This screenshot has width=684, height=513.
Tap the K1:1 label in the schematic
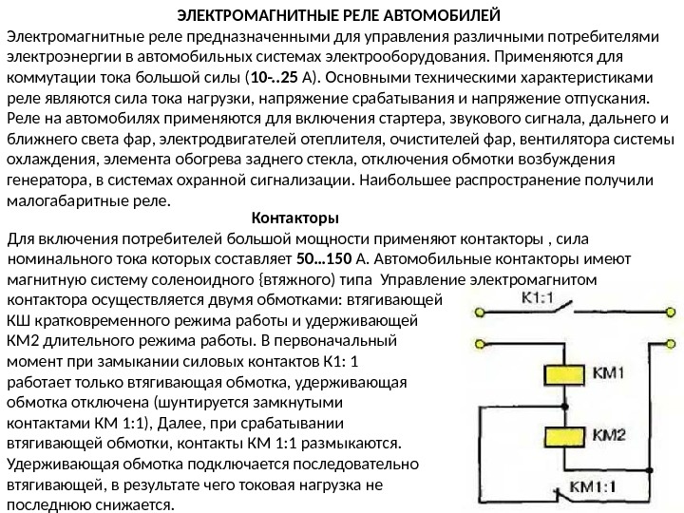540,297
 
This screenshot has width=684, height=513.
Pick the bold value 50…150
325,257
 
